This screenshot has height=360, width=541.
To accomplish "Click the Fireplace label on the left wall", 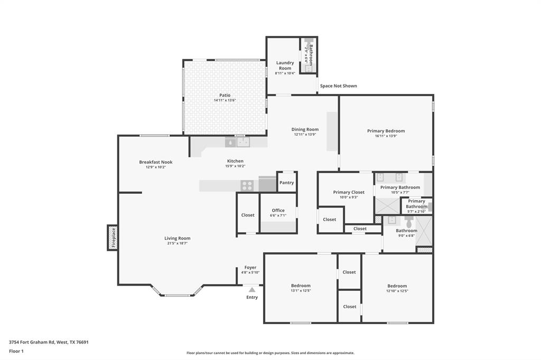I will (x=113, y=238).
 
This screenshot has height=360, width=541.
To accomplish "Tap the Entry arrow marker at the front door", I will (x=252, y=289).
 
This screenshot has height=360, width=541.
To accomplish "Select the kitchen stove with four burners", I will (x=247, y=185).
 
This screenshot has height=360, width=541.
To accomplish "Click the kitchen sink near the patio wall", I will (x=242, y=141).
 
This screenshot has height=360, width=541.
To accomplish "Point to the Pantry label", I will (x=286, y=183).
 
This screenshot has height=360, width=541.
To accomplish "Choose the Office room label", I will (x=278, y=210).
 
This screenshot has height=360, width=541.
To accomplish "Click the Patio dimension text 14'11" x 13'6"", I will (x=225, y=100).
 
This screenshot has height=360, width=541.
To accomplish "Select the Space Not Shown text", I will (x=338, y=86).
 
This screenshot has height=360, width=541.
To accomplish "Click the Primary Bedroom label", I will (x=386, y=131).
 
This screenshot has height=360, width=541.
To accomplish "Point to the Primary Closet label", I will (x=349, y=192).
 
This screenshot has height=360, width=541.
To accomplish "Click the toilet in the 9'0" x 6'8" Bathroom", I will (x=408, y=222).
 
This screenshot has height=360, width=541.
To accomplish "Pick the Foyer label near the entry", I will (x=250, y=268).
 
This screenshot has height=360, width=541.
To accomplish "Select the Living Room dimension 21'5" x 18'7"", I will (x=177, y=243).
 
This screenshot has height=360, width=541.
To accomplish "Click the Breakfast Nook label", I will (x=156, y=162).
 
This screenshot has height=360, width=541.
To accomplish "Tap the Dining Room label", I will (x=305, y=129).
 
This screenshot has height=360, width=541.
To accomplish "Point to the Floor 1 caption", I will (x=16, y=351).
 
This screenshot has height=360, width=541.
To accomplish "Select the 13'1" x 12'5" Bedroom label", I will (x=301, y=286).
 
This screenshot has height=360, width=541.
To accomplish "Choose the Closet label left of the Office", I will (x=248, y=215).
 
